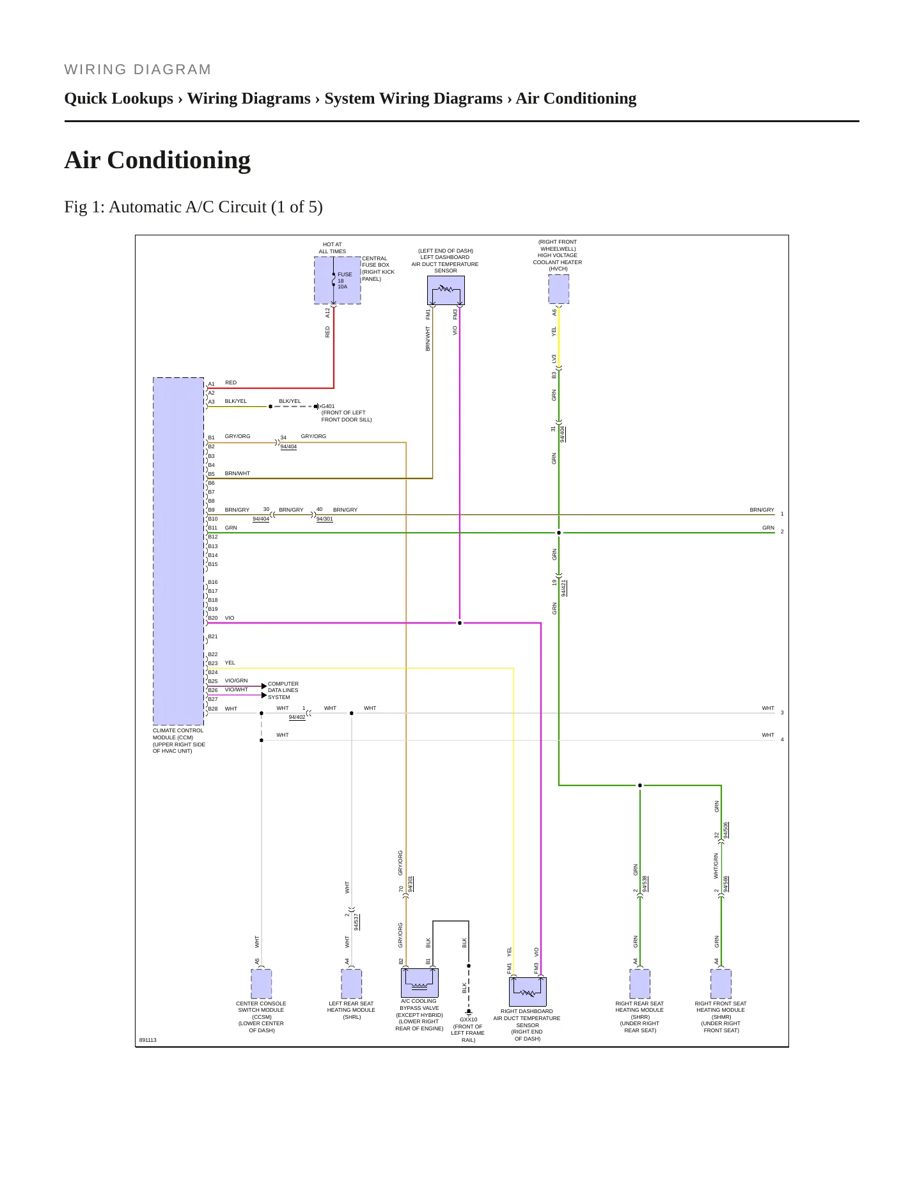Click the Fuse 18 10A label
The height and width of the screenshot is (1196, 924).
[345, 281]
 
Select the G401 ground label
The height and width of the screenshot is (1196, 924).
[328, 406]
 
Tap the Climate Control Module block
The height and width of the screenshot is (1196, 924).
[178, 551]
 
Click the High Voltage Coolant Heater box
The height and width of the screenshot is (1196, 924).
[559, 290]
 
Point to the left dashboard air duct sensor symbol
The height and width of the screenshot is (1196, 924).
[446, 290]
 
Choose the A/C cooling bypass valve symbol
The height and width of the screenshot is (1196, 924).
[419, 982]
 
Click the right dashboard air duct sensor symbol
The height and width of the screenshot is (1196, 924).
[528, 991]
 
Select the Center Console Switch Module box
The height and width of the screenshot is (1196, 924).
[261, 984]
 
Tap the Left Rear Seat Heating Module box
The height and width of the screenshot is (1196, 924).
[352, 984]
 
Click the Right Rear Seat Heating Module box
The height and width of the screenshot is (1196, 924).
[640, 984]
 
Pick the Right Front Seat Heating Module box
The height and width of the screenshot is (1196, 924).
[721, 984]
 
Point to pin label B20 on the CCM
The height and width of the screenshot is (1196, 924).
[213, 618]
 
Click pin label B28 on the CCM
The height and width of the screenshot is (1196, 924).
[213, 709]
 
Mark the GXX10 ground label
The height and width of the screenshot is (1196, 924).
[469, 1019]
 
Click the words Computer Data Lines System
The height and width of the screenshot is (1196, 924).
[283, 690]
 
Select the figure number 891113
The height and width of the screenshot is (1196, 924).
[148, 1040]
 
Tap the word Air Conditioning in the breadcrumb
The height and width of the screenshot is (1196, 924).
[576, 98]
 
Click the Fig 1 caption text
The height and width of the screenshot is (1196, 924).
[193, 207]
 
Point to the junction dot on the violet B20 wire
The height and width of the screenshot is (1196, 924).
[460, 622]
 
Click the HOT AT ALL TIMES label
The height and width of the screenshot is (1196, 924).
[333, 248]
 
